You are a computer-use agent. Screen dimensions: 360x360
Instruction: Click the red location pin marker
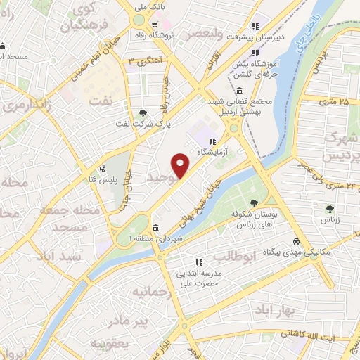181,166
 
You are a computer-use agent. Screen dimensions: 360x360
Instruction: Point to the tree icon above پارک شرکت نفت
144,112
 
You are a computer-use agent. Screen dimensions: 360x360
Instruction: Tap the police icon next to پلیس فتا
103,169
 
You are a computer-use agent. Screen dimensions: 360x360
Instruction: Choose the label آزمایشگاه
212,152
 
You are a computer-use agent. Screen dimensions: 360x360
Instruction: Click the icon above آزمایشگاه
212,141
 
